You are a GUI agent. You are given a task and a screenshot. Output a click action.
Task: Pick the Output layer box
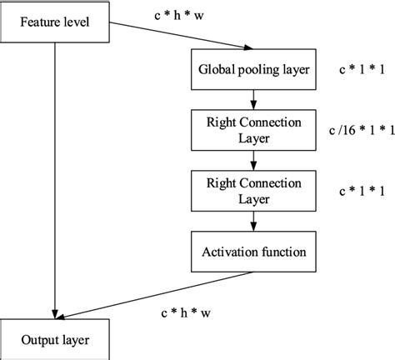coord(56,340)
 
